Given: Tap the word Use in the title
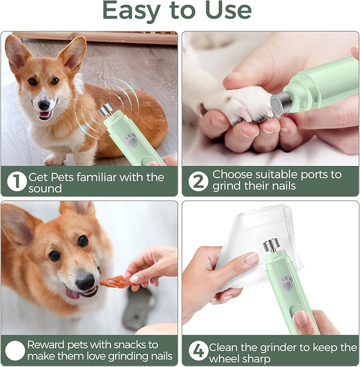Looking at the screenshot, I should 226,10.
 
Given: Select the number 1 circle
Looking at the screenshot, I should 16,181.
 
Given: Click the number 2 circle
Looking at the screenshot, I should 198,181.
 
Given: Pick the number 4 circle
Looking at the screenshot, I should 198,350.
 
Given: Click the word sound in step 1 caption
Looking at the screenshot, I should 45,189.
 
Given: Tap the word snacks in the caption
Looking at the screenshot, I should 134,345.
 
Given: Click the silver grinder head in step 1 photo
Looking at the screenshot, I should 107,111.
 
